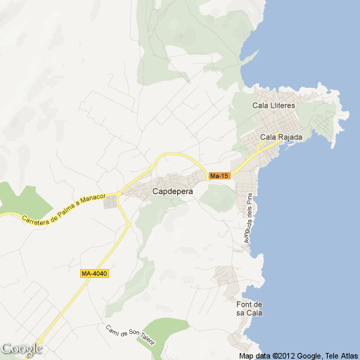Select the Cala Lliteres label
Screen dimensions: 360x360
[x=274, y=105]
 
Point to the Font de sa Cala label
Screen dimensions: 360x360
[x=249, y=308]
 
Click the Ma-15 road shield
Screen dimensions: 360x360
[x=219, y=175]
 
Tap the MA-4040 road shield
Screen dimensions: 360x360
[x=94, y=273]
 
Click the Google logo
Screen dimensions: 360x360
[x=21, y=348]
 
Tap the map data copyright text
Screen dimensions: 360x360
[x=298, y=356]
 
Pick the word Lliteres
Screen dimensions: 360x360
[x=283, y=105]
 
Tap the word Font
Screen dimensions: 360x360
[x=244, y=304]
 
